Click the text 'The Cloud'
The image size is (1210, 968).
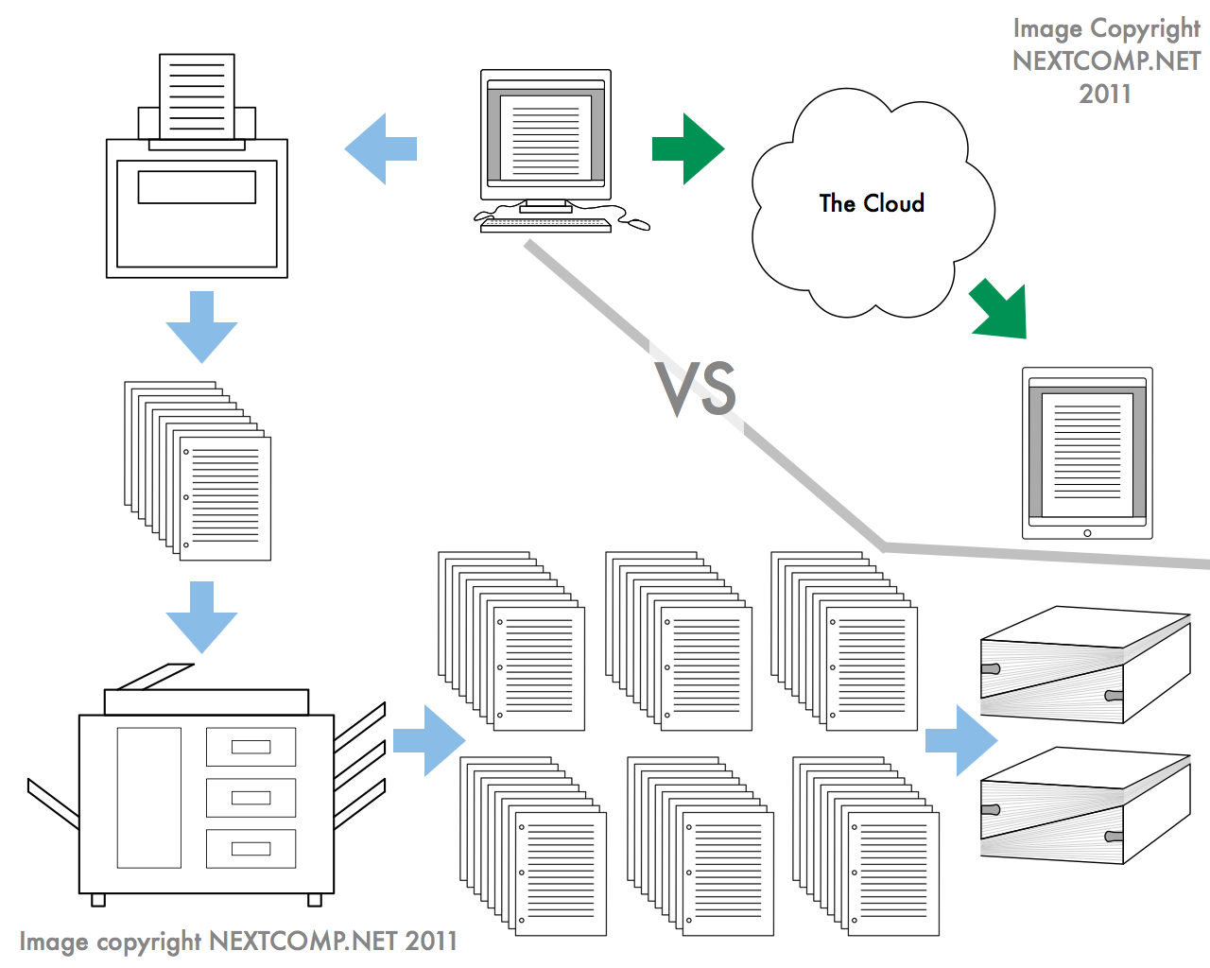point(872,203)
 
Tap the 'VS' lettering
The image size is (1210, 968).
point(698,389)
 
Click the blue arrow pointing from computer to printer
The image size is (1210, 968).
point(380,149)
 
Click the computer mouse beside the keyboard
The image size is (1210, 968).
point(639,224)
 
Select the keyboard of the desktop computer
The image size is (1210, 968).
point(546,225)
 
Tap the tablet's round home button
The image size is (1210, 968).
point(1087,533)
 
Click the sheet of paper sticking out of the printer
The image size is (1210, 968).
point(197,95)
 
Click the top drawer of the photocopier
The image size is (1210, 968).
point(251,747)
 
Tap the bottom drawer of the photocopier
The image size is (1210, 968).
point(251,849)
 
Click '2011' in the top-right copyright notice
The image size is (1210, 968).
point(1105,95)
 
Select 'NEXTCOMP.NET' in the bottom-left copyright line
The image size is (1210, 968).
point(302,942)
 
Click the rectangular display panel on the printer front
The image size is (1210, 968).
point(197,187)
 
